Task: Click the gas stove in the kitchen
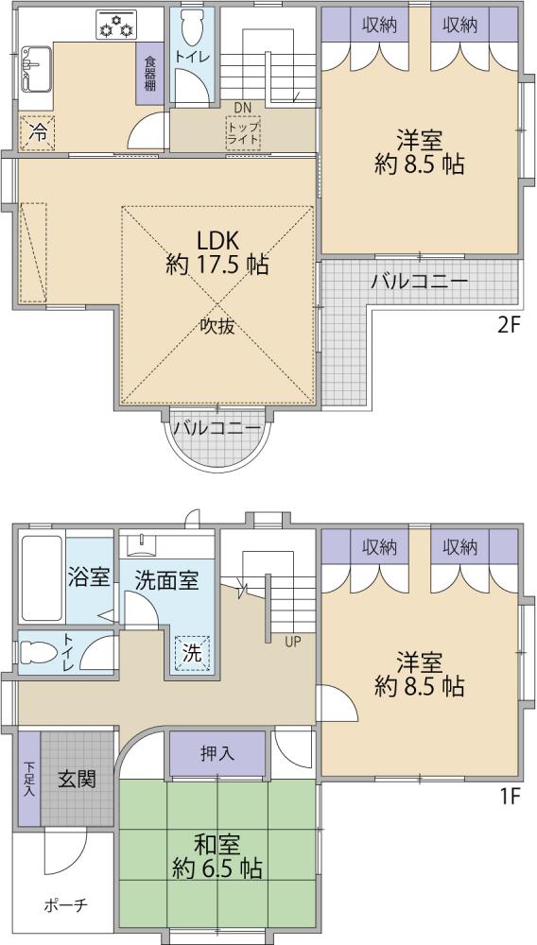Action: click(x=116, y=25)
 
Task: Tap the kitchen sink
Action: click(x=36, y=69)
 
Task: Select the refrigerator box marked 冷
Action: click(x=38, y=132)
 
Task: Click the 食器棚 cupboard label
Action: click(x=149, y=73)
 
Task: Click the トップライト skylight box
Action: click(x=244, y=132)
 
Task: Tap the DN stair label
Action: click(x=242, y=108)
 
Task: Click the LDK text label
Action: click(x=219, y=241)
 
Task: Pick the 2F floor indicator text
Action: click(x=508, y=325)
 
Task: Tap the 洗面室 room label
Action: click(x=165, y=581)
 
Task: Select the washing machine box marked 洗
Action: click(x=193, y=653)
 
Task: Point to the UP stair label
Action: click(x=293, y=642)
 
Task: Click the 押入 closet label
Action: click(x=217, y=753)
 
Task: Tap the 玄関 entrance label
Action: click(x=77, y=780)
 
